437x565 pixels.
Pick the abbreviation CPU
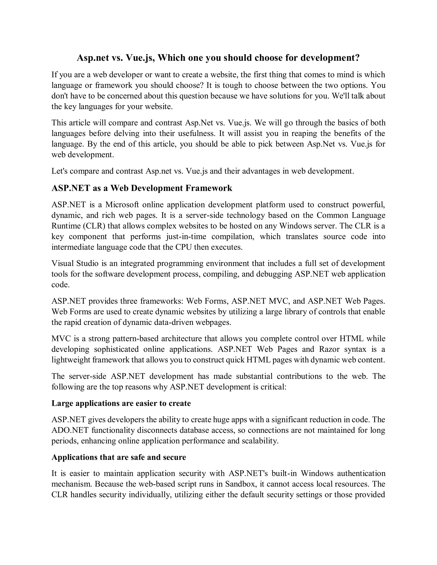click(x=184, y=247)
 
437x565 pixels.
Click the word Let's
click(x=59, y=171)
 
